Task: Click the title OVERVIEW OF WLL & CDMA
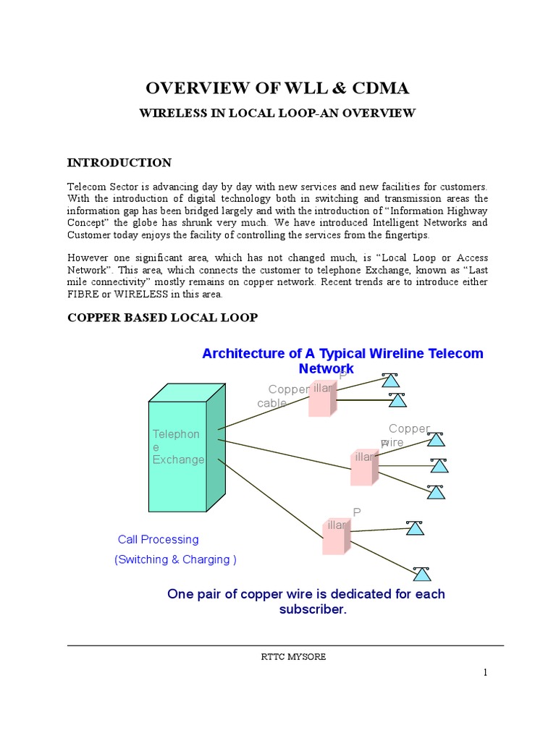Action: pyautogui.click(x=277, y=88)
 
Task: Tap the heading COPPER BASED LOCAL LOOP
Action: pyautogui.click(x=162, y=318)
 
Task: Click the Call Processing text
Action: pyautogui.click(x=158, y=539)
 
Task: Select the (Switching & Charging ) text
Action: pyautogui.click(x=175, y=559)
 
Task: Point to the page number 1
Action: pyautogui.click(x=486, y=673)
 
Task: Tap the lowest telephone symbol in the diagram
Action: pyautogui.click(x=421, y=574)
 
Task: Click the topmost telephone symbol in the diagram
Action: pyautogui.click(x=390, y=380)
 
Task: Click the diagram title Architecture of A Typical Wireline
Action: pyautogui.click(x=342, y=353)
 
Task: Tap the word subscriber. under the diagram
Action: pyautogui.click(x=313, y=609)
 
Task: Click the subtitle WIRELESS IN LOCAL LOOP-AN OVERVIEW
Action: pyautogui.click(x=277, y=114)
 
